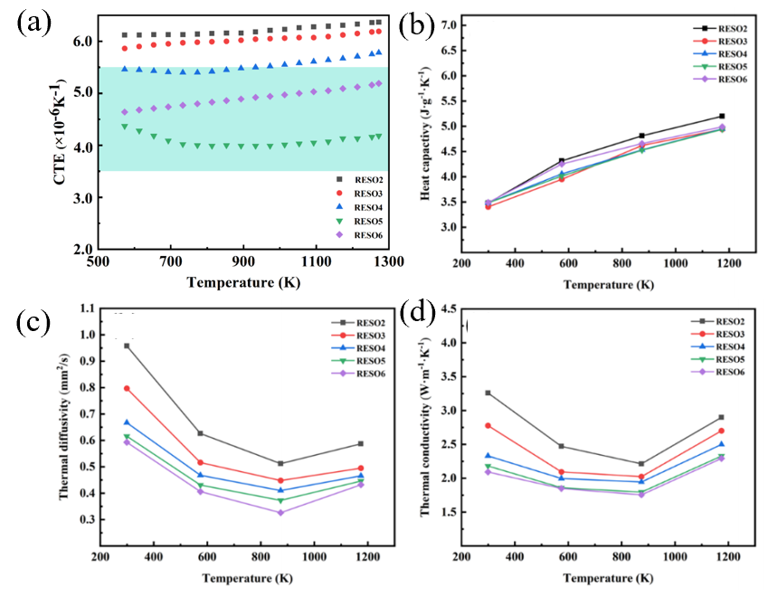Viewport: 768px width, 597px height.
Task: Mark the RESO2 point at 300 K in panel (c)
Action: (127, 346)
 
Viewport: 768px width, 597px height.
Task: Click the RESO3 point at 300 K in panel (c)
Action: (127, 388)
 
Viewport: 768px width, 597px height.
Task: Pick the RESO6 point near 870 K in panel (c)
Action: (280, 513)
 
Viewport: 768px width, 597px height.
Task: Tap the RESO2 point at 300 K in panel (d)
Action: (488, 393)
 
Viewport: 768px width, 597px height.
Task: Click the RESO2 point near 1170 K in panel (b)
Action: (721, 116)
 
